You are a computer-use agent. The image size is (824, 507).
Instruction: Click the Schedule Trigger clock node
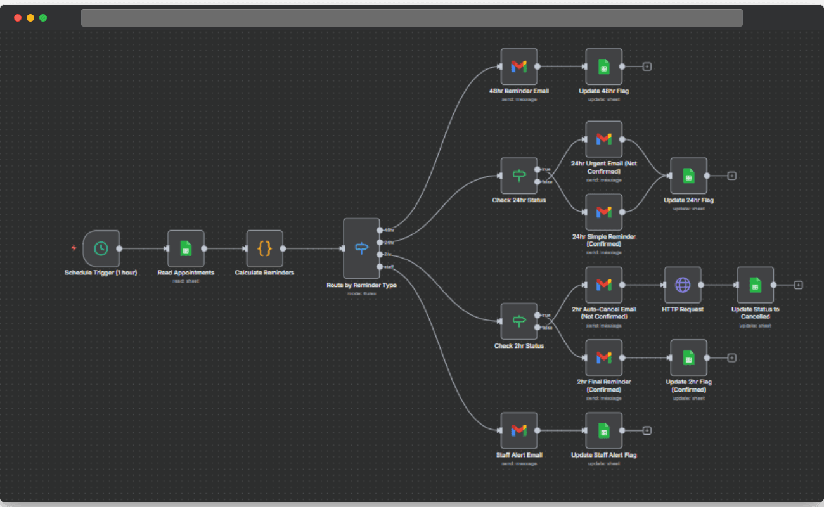[x=101, y=248]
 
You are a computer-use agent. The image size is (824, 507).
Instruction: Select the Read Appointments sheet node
[x=186, y=248]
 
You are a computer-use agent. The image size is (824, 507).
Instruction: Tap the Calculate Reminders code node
[x=264, y=248]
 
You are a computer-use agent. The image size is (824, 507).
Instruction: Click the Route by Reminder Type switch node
[x=361, y=248]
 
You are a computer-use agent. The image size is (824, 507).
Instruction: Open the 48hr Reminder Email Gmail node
[x=519, y=67]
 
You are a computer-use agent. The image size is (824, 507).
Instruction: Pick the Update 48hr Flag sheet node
[x=604, y=67]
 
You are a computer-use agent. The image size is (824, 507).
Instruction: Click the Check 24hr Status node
[x=519, y=176]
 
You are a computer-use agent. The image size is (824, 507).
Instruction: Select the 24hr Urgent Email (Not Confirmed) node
[x=604, y=139]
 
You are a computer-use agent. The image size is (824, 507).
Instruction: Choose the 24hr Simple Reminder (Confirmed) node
[x=604, y=212]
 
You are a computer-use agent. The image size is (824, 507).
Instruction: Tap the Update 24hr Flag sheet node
[x=688, y=176]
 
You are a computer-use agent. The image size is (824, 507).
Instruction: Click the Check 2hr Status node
[x=519, y=321]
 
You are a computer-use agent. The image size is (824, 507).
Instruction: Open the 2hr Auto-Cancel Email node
[x=604, y=285]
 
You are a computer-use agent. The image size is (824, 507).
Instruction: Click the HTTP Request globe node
[x=683, y=285]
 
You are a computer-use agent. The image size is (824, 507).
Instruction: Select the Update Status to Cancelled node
[x=756, y=285]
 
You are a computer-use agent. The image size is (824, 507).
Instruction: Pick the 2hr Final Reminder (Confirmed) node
[x=604, y=357]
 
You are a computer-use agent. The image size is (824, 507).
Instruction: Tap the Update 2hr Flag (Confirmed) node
[x=688, y=357]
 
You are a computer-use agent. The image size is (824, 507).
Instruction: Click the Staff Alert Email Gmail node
[x=519, y=431]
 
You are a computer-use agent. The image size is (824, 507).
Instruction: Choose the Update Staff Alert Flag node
[x=604, y=431]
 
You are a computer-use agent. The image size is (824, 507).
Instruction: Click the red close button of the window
[x=18, y=18]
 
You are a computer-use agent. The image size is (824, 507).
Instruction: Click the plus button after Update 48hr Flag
[x=647, y=67]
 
